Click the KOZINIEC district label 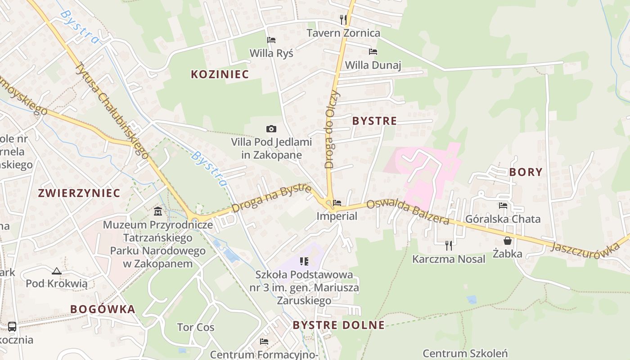tap(220, 74)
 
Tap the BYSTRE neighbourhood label tap(374, 121)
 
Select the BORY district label tap(526, 172)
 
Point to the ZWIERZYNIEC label tap(79, 193)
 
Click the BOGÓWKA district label tap(103, 309)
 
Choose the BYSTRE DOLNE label tap(339, 325)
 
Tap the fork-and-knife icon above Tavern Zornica tap(343, 19)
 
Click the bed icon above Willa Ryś tap(271, 40)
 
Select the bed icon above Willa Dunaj tap(373, 52)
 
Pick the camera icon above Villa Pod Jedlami tap(271, 129)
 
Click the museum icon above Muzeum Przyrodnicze tap(158, 211)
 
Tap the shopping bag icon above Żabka tap(507, 241)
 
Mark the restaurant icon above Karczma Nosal tap(448, 245)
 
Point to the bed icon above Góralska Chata tap(503, 206)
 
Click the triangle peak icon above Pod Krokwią tap(56, 271)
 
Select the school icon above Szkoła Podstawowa tap(304, 261)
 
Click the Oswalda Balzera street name tap(407, 211)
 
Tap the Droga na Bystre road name tap(272, 198)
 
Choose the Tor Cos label tap(196, 327)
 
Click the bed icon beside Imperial tap(337, 203)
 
